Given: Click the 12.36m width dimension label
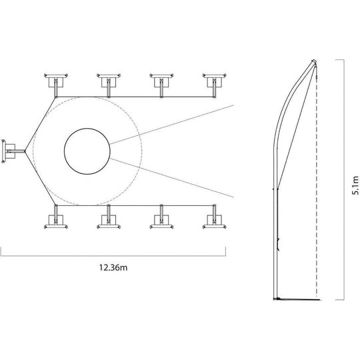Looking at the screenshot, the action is (113, 268).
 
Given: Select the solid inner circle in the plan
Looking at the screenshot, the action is (87, 151).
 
